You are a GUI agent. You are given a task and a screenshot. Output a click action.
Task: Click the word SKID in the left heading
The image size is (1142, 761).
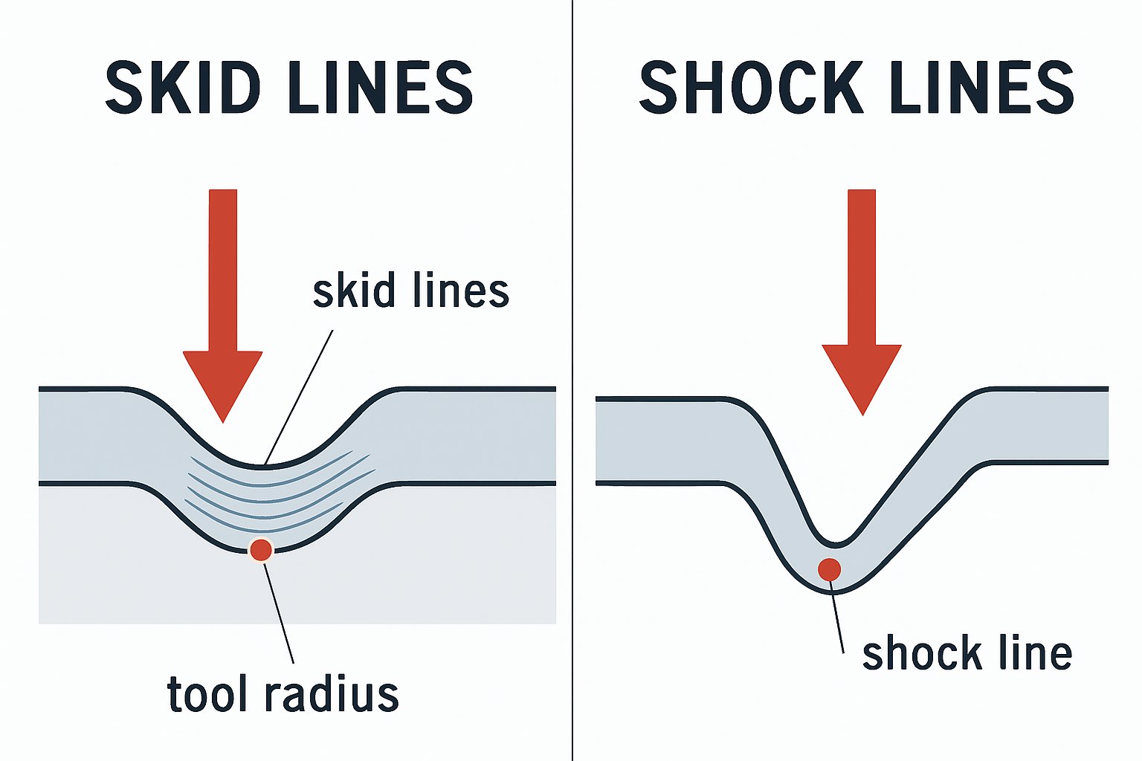(x=182, y=88)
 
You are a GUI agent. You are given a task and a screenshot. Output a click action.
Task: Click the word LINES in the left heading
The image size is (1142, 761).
(x=379, y=88)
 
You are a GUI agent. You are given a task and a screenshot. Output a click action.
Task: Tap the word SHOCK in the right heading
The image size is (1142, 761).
(x=751, y=88)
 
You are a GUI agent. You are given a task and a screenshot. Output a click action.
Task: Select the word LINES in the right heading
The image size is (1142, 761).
(x=981, y=88)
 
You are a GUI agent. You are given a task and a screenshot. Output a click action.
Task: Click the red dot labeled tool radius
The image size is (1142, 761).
(x=261, y=550)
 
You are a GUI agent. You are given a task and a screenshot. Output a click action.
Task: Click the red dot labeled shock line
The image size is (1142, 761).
(x=829, y=569)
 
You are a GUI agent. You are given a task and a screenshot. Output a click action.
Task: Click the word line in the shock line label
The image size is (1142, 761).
(x=1033, y=654)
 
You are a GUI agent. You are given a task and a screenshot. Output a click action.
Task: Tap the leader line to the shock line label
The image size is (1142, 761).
(x=837, y=621)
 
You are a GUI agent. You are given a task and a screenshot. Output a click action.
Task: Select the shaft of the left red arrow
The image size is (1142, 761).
(x=223, y=268)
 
